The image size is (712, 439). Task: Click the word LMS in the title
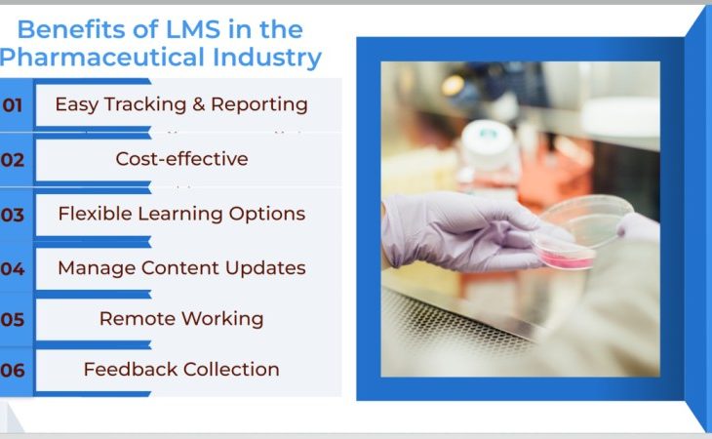[193, 30]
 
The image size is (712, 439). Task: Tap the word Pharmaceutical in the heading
[102, 59]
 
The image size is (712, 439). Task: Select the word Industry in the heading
[267, 59]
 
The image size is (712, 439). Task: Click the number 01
[13, 105]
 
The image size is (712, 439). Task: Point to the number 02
[13, 160]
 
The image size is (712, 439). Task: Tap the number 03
[13, 216]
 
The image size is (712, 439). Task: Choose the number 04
[13, 269]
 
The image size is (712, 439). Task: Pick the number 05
[13, 320]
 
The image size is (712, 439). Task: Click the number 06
[13, 371]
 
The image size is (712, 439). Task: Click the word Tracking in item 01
[145, 104]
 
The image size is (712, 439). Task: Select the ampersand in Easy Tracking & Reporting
[198, 104]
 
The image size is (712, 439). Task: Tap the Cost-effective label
[181, 159]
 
